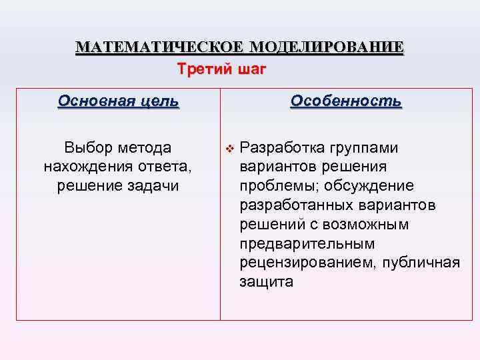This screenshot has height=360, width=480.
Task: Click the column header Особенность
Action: click(346, 101)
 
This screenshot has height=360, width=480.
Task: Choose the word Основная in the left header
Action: click(95, 101)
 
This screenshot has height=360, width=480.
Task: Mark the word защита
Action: click(266, 282)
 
